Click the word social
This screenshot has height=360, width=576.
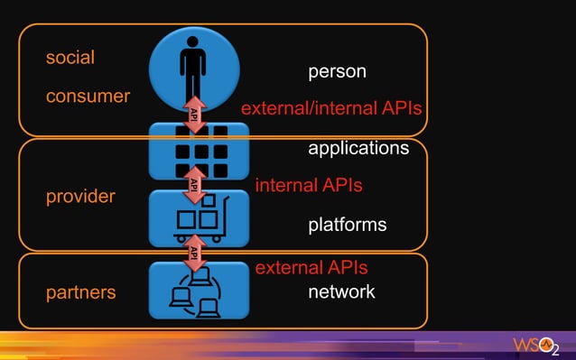(70, 58)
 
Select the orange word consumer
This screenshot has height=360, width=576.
(88, 96)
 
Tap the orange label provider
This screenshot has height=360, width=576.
(80, 196)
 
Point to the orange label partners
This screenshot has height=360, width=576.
(80, 292)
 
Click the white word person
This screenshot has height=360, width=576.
(337, 71)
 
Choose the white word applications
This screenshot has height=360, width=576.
(358, 147)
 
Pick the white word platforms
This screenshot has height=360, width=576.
(347, 224)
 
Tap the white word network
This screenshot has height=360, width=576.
(341, 291)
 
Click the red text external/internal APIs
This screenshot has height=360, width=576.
(331, 109)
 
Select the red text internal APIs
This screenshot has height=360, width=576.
(309, 185)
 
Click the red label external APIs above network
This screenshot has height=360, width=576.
(311, 268)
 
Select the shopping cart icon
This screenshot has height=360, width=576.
(200, 219)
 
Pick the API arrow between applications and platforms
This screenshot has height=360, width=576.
(193, 184)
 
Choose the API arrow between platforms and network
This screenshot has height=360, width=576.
(193, 253)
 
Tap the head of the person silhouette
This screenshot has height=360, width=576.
(193, 42)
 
